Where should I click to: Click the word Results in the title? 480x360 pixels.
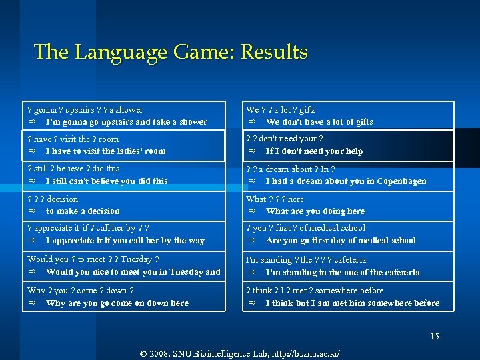point(275,52)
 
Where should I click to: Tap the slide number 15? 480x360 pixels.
point(435,337)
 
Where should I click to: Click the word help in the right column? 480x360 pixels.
point(353,151)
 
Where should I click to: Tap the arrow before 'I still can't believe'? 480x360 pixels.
point(33,181)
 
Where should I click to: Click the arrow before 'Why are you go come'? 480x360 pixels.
point(33,303)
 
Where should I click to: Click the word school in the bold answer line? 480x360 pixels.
point(400,241)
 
